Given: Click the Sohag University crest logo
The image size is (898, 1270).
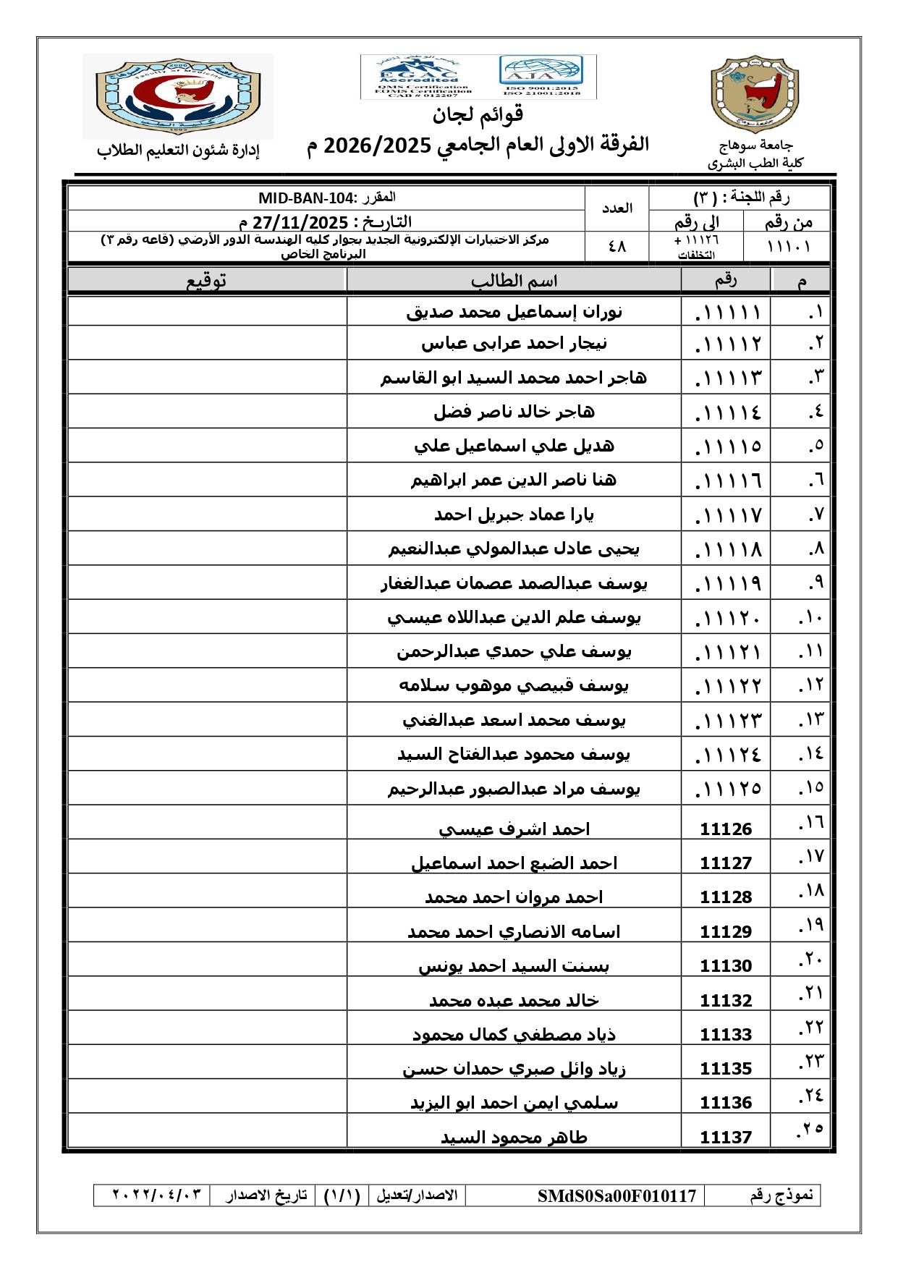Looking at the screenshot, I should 755,94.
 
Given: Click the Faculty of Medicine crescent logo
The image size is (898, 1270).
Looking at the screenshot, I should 178,96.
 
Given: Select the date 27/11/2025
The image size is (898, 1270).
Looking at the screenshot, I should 300,222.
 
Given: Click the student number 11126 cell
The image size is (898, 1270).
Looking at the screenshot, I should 726,829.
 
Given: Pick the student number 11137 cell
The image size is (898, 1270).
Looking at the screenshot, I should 726,1138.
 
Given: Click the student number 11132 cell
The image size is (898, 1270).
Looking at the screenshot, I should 726,1001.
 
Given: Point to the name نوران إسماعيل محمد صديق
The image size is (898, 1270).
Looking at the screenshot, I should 514,312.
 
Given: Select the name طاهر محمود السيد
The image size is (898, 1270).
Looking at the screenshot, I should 514,1138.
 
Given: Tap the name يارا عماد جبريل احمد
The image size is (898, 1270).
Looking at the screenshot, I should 514,515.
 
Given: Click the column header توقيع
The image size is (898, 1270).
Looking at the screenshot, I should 206,281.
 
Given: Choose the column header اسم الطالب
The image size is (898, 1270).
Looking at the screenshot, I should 514,281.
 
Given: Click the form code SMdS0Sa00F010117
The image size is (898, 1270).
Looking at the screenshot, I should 617,1195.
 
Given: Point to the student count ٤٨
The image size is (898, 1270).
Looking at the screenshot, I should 617,247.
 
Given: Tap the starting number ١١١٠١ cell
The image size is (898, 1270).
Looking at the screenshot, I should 788,247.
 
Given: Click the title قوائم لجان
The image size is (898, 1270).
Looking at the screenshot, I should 478,114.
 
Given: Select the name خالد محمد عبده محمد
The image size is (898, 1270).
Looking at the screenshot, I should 514,1001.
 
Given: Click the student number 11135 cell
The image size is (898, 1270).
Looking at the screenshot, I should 726,1069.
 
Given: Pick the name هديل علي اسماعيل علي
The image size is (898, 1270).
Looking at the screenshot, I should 514,446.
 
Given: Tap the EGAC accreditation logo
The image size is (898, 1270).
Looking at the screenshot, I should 419,76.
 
